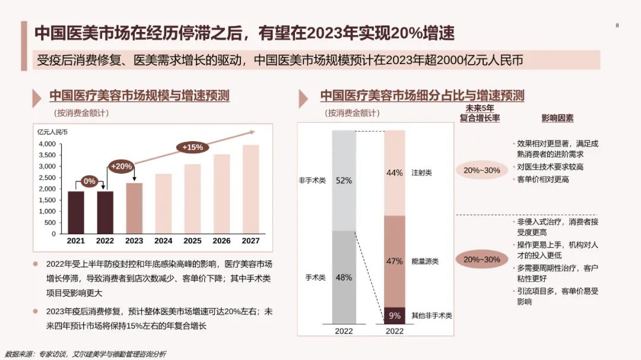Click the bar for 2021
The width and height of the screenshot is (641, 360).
pyautogui.click(x=75, y=212)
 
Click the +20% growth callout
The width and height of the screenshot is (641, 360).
pyautogui.click(x=120, y=167)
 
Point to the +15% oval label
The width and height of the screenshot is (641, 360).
pyautogui.click(x=192, y=146)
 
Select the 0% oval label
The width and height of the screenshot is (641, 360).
pyautogui.click(x=90, y=181)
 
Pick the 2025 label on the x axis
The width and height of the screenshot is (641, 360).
pyautogui.click(x=192, y=241)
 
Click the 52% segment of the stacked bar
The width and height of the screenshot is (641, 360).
pyautogui.click(x=344, y=180)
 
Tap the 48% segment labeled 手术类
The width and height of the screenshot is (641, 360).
pyautogui.click(x=344, y=277)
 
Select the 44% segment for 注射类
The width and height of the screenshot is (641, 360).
pyautogui.click(x=395, y=173)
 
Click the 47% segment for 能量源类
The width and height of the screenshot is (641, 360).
pyautogui.click(x=395, y=261)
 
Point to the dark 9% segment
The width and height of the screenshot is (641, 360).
pyautogui.click(x=395, y=316)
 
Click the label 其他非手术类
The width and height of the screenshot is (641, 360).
pyautogui.click(x=431, y=316)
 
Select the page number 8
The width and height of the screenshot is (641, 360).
pyautogui.click(x=617, y=26)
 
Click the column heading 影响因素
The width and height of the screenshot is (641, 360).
pyautogui.click(x=557, y=118)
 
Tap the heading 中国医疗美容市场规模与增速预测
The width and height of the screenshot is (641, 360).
pyautogui.click(x=139, y=96)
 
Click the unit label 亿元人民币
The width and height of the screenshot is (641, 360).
pyautogui.click(x=52, y=132)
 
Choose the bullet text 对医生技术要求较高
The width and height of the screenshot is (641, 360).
pyautogui.click(x=550, y=167)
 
